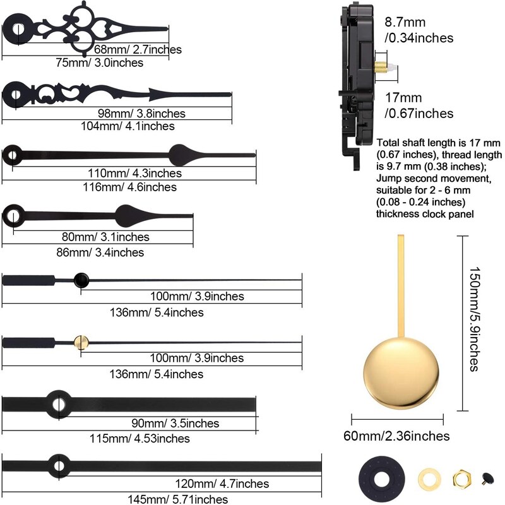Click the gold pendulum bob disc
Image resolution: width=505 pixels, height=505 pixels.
pos(401,372)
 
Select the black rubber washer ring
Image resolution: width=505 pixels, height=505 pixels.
pos(382,479)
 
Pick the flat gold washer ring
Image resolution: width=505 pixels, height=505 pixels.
pos(430,478)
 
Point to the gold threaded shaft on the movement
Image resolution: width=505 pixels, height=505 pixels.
pos(381,68)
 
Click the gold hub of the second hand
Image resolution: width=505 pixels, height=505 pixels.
pos(81,343)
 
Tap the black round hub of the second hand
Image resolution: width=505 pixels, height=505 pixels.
pos(81,280)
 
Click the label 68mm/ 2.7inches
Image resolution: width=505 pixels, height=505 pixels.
pos(138,50)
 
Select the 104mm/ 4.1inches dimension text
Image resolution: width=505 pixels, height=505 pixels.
pos(128,126)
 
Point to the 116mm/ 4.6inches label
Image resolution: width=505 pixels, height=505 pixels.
pos(130,187)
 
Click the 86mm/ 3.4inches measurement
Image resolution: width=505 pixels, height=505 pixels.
pos(100,252)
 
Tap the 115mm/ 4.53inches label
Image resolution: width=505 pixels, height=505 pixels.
pos(140,438)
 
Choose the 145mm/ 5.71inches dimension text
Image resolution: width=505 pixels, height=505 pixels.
pos(178,499)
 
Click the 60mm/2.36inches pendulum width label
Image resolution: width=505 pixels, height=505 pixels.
pos(396,436)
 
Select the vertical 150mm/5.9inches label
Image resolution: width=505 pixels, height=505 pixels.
pos(475,319)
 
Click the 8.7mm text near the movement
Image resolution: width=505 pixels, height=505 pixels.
pos(405,22)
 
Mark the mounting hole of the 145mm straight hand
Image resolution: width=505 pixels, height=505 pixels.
pos(59,466)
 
